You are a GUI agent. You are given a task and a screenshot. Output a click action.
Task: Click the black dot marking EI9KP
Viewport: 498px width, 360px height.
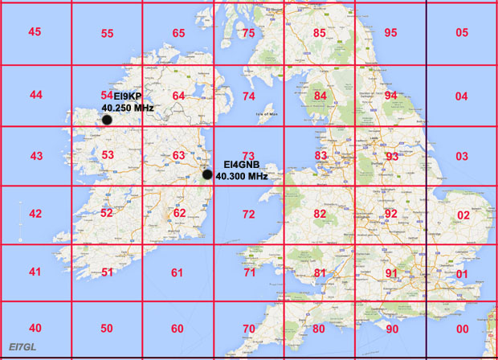pos(107,121)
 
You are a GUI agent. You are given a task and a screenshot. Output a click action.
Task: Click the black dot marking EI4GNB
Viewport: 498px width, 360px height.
pos(207,174)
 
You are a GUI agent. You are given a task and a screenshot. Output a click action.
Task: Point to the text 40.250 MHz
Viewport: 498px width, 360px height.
pos(128,108)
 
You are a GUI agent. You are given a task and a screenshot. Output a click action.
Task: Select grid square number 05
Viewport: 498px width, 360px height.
pos(461,33)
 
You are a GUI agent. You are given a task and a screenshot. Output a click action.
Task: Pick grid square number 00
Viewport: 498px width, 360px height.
pos(462,329)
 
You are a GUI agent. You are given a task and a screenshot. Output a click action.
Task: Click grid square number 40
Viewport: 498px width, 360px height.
pos(35,328)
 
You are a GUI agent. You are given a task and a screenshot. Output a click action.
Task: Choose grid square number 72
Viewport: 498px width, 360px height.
pos(249,215)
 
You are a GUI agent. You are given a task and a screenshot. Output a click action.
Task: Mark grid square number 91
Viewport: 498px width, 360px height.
pos(391,273)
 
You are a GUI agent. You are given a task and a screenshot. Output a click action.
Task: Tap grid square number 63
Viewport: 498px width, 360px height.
pos(178,155)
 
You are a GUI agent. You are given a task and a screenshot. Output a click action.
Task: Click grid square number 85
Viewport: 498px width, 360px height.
pos(320,33)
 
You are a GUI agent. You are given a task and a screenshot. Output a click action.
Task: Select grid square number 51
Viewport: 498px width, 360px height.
pos(107,272)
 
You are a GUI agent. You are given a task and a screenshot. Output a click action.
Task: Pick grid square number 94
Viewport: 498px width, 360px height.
pos(391,96)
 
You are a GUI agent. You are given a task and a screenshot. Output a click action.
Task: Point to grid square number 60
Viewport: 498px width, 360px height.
pos(178,329)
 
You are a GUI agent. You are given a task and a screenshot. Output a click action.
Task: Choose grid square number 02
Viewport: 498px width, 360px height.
pos(463,215)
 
